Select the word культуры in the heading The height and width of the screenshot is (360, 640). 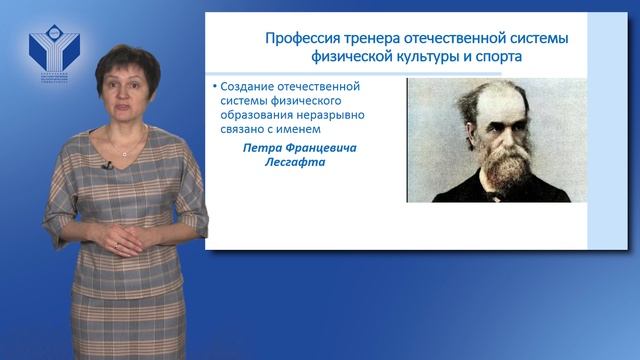[x=428, y=58]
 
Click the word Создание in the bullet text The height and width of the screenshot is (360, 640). [x=247, y=87]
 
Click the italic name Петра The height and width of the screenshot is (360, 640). [x=263, y=147]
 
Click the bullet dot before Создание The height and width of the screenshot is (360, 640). [x=214, y=88]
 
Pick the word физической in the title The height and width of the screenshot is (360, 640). [x=348, y=58]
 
